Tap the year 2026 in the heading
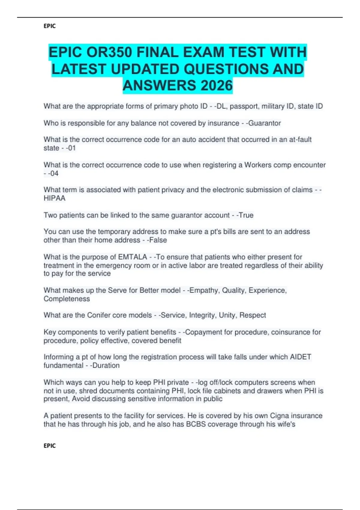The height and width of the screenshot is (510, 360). (x=216, y=85)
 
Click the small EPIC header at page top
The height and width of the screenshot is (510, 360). (x=49, y=26)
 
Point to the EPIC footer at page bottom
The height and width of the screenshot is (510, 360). (x=49, y=446)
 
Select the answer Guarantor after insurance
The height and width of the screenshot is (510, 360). (x=264, y=123)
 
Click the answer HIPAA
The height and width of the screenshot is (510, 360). (x=54, y=198)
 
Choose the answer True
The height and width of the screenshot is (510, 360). (x=246, y=215)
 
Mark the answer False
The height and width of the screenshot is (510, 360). (x=157, y=240)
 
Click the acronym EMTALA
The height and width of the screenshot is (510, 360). (x=132, y=257)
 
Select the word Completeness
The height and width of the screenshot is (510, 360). (x=67, y=299)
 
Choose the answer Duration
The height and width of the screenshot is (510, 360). (x=106, y=365)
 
